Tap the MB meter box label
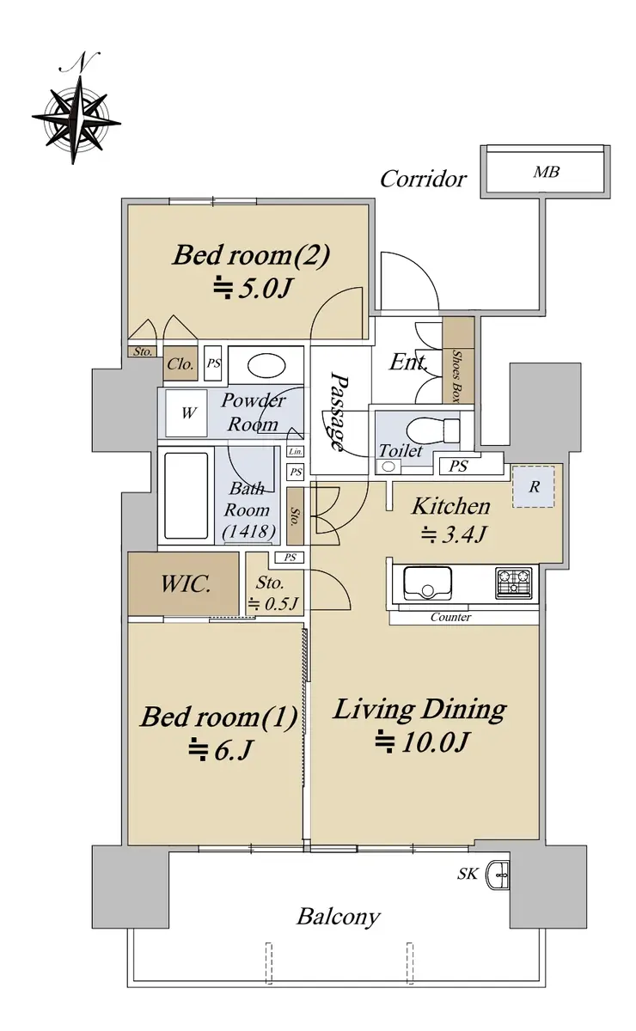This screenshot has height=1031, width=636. [547, 172]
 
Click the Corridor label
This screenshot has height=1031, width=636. [423, 179]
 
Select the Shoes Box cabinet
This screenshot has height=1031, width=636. [458, 360]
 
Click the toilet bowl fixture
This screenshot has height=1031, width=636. [432, 430]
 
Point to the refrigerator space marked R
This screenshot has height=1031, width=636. [534, 486]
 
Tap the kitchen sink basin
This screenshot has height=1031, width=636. [427, 583]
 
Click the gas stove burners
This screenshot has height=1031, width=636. [513, 583]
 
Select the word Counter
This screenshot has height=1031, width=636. [450, 617]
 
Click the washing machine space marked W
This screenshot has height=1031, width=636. [187, 413]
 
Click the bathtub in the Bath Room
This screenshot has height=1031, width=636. [186, 495]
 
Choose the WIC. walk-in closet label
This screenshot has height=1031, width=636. [186, 584]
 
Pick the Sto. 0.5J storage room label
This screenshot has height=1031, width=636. [272, 593]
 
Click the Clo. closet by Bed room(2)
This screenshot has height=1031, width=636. [180, 364]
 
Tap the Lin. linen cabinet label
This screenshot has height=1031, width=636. [295, 452]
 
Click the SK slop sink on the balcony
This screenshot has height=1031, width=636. [499, 874]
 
